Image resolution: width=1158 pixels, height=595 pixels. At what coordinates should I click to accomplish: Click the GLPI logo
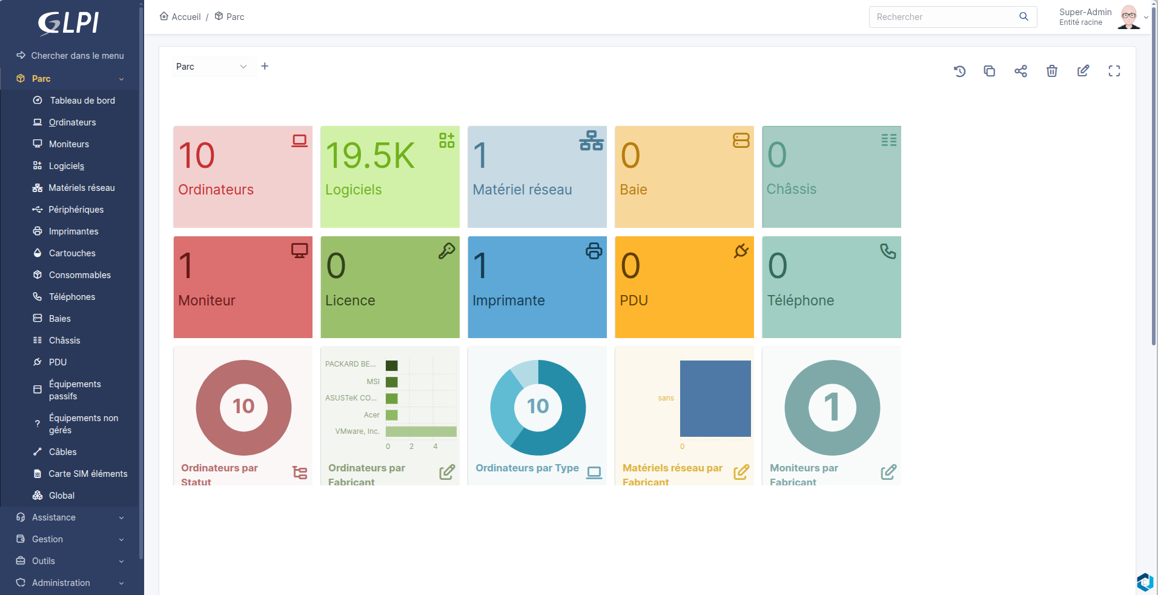coord(68,23)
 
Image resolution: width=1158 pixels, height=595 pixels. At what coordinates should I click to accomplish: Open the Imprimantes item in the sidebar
coord(73,231)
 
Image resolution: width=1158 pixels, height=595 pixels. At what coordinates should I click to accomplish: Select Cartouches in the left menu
coord(72,253)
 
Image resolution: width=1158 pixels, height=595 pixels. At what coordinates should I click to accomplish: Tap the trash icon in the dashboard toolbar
coord(1052,71)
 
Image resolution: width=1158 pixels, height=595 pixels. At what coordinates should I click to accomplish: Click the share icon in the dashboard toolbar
coord(1021,71)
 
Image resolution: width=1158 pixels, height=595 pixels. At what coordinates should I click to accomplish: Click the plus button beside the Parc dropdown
coord(265,66)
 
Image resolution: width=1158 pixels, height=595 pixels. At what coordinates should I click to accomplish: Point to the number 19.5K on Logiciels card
coord(370,156)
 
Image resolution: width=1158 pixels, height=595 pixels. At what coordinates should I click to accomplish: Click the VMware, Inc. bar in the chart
coord(421,431)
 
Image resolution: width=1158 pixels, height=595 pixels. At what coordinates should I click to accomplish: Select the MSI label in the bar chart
coord(373,382)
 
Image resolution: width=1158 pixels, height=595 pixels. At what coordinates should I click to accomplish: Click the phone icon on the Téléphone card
coord(888,251)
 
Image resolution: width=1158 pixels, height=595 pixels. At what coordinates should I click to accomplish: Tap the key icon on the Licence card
coord(447,251)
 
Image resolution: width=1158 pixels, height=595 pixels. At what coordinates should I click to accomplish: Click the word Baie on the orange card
coord(634,190)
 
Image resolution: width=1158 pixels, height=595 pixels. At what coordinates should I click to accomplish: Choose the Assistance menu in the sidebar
coord(54,517)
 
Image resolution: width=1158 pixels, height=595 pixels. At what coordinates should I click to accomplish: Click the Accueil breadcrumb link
coord(180,17)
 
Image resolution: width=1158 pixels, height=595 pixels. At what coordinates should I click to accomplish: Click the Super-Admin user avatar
coord(1128,17)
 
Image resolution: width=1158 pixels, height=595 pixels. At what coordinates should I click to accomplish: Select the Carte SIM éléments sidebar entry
coord(88,474)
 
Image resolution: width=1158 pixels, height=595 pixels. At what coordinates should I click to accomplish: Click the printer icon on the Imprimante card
coord(594,251)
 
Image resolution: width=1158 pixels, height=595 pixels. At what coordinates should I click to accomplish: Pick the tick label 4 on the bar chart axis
coord(435,447)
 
